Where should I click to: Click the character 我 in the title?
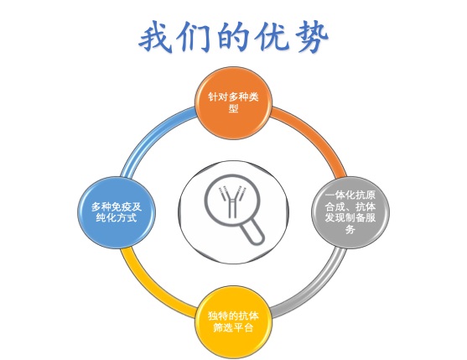156,37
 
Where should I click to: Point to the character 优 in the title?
272,36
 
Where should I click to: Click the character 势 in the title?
312,37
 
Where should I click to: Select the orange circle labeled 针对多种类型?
233,103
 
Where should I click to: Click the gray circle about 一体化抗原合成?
350,212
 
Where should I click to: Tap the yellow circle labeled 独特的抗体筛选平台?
233,322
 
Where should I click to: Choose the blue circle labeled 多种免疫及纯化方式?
117,212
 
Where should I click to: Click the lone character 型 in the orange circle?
233,108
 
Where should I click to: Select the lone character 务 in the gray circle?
350,229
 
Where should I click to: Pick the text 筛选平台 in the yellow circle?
233,327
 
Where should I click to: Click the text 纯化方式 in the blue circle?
117,218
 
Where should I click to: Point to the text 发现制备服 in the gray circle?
350,218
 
